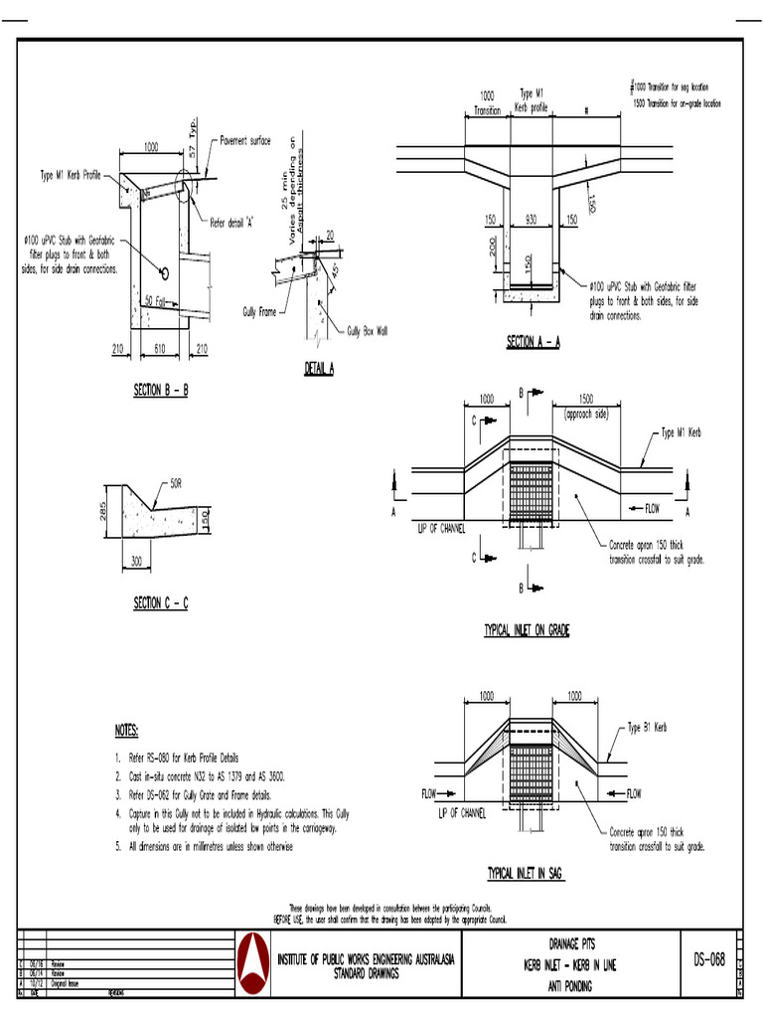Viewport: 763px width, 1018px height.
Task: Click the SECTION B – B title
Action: pos(160,391)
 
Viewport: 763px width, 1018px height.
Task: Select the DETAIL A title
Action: pos(318,369)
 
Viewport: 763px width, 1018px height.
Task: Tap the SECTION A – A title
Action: pos(534,342)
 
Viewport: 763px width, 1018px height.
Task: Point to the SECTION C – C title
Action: pos(160,603)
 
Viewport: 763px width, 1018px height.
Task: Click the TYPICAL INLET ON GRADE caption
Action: pos(527,630)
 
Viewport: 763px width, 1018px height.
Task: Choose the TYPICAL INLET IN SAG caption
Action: pos(525,873)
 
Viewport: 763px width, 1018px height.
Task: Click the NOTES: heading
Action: pos(125,730)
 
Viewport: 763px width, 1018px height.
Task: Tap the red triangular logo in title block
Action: pos(255,964)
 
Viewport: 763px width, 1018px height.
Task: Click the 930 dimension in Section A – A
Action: pos(531,219)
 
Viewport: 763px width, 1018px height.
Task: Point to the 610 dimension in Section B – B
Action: pos(160,348)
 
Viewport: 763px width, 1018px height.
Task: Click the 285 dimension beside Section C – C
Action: pos(103,512)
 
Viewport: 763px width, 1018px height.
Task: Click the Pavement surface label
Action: pos(244,141)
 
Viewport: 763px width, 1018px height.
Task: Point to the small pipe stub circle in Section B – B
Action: pos(165,272)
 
